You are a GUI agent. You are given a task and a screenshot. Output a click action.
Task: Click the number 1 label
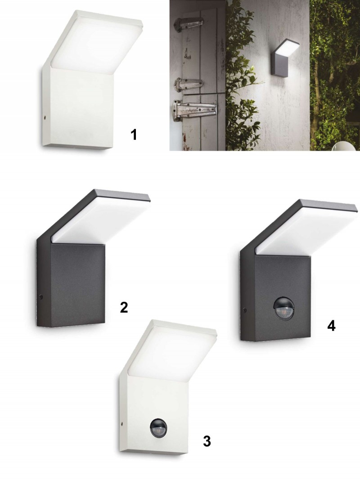pos(134,135)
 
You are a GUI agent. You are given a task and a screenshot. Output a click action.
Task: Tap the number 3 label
pos(207,441)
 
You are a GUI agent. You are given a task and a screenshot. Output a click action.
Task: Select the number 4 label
pos(331,326)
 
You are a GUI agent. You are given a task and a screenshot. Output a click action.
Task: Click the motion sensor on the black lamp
pos(283,307)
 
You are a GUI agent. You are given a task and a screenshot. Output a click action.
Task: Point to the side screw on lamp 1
pos(45,117)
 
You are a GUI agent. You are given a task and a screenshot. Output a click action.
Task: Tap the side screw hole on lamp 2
pos(41,296)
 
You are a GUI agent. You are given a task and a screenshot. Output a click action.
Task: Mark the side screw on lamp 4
pos(244,310)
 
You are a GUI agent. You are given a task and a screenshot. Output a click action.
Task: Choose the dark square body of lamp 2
pos(72,283)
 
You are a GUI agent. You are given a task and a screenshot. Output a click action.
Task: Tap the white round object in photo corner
pos(347,147)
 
